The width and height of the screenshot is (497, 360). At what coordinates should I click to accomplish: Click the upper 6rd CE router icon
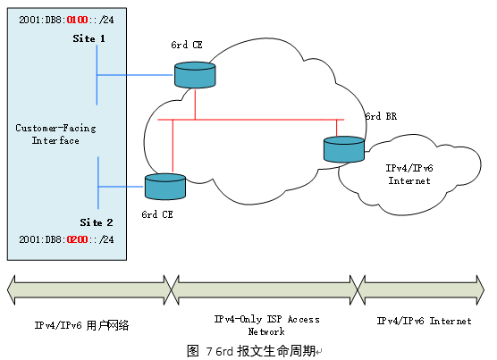click(194, 75)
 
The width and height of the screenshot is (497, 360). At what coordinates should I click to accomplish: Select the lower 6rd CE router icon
click(164, 186)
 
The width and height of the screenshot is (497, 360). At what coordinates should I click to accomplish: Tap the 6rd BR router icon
click(344, 149)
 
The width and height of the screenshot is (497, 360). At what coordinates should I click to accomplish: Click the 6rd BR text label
click(380, 117)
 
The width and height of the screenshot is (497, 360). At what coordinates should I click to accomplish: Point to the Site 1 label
click(89, 39)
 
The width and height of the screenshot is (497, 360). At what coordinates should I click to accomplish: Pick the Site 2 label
click(97, 222)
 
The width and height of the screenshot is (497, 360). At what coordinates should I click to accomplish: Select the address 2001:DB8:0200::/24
click(65, 240)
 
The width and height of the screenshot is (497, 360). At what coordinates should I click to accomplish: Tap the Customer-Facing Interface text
click(55, 134)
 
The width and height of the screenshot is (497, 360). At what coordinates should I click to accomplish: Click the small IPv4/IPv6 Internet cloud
click(409, 174)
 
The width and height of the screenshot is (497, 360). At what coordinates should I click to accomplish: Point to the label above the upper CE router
click(189, 44)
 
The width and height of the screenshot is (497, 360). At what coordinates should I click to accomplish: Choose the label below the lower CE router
click(158, 214)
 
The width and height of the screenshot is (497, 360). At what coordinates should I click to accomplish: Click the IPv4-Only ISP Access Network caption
click(265, 324)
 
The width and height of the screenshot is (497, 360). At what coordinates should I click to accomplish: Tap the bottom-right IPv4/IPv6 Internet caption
click(424, 320)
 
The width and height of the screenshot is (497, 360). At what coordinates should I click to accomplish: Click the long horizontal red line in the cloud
click(250, 119)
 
